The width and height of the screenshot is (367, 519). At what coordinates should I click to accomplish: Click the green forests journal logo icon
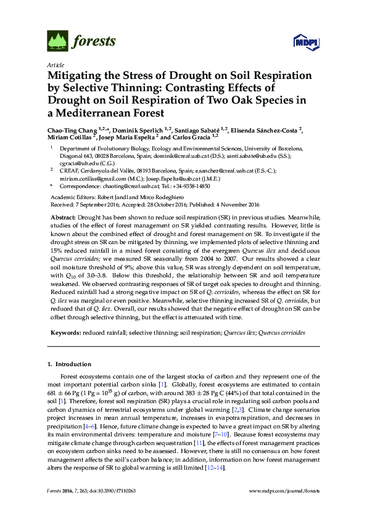[x=57, y=41]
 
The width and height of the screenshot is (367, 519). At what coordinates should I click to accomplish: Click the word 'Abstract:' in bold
[x=65, y=219]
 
